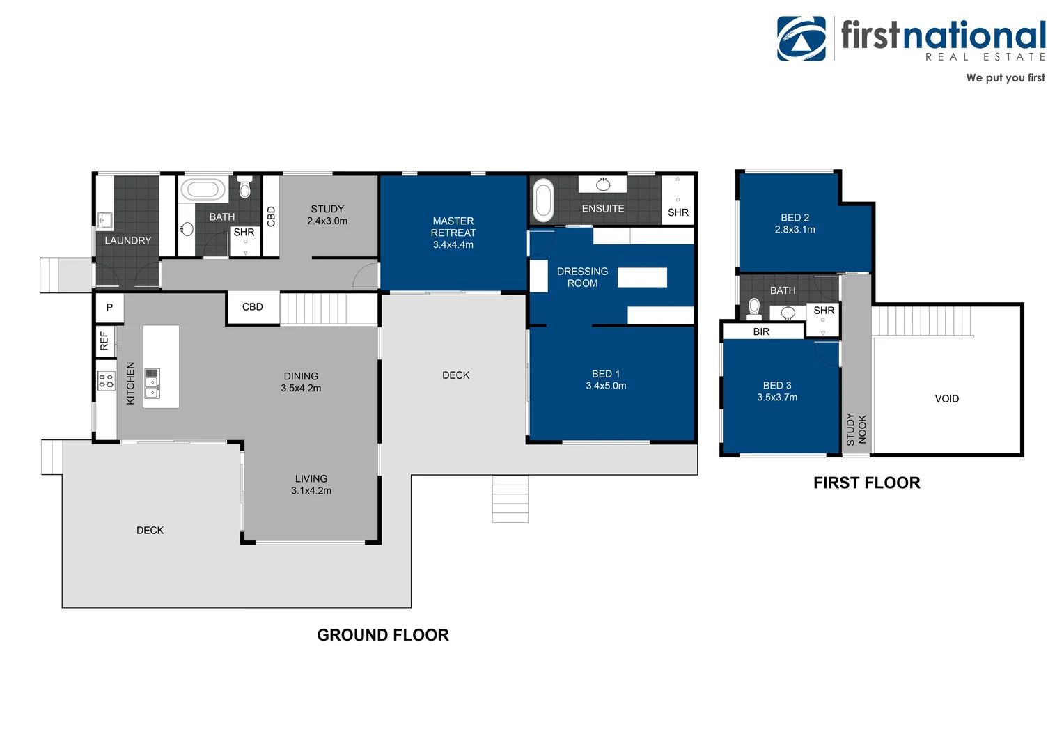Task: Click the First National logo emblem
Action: (801, 38)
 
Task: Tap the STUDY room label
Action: (327, 209)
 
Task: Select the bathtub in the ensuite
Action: (543, 200)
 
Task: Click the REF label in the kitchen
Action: (104, 340)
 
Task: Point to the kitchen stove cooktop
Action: (107, 380)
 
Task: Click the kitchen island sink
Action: (152, 383)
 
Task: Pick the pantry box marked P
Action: (110, 307)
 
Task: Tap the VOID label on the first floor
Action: (947, 399)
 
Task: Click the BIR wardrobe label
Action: (761, 331)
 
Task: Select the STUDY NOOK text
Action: (856, 430)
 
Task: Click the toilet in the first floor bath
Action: (754, 308)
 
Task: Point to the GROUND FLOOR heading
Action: (383, 635)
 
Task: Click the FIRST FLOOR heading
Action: (867, 483)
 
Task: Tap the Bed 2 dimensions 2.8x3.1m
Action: (795, 230)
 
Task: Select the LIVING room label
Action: (311, 479)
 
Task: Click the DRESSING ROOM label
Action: (582, 277)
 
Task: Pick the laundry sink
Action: (105, 221)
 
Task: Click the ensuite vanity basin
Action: (603, 185)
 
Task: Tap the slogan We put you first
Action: (1006, 78)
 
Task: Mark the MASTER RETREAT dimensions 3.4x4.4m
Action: (453, 244)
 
